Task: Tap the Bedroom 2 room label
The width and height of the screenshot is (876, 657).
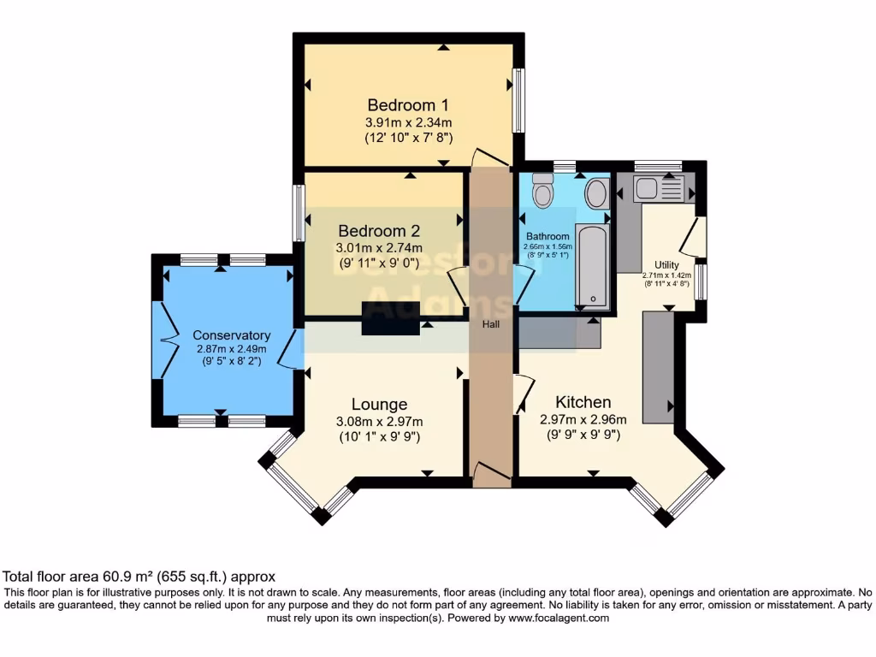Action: coord(379,231)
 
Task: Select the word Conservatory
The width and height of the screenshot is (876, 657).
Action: coord(231,335)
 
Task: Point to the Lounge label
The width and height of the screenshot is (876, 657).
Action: coord(379,404)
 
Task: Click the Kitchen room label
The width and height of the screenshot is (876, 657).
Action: coord(583,402)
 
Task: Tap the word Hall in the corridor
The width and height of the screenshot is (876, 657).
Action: coord(491,324)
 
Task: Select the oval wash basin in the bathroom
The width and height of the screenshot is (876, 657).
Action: coord(596,194)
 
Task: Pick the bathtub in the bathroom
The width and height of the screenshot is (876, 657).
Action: coord(593,265)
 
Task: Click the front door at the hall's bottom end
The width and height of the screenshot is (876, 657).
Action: coord(491,473)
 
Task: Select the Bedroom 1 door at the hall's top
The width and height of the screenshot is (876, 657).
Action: coord(489,157)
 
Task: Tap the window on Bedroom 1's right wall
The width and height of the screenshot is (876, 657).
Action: coord(518,100)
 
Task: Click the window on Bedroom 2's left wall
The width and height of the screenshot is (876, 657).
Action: coord(299,213)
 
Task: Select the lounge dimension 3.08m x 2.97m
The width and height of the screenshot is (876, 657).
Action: coord(379,421)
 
